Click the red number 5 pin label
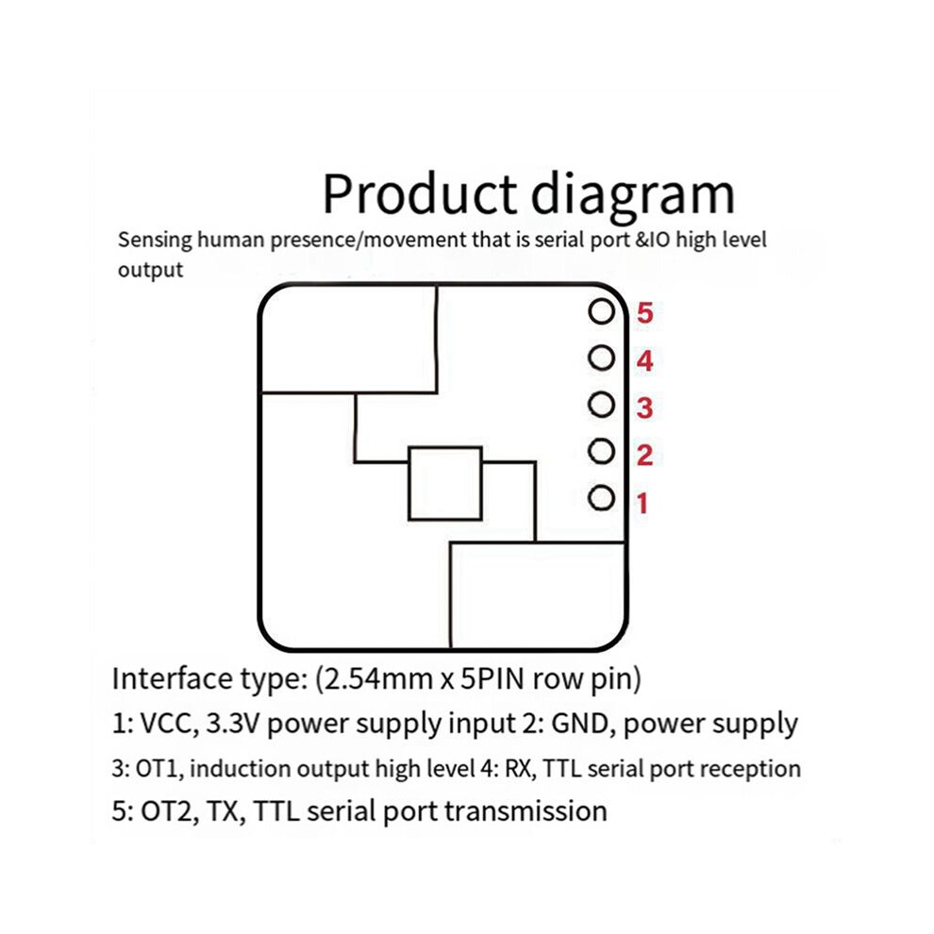[x=644, y=312]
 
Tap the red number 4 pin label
[x=644, y=361]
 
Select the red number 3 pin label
[x=644, y=408]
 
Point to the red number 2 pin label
[x=644, y=456]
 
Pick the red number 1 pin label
[x=642, y=504]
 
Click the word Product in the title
[x=419, y=193]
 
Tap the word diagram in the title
[x=633, y=194]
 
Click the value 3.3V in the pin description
[x=234, y=724]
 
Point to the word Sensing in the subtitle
[x=155, y=241]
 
